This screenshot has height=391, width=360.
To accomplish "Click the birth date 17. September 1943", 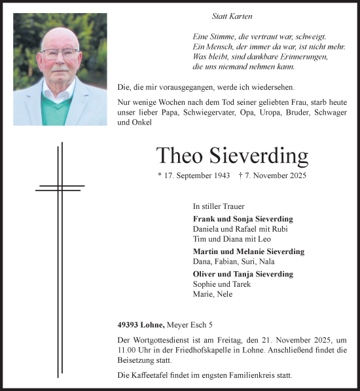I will (194, 176).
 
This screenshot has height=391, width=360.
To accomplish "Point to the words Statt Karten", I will (232, 16).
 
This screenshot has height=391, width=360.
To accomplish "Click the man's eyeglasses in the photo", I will (60, 54).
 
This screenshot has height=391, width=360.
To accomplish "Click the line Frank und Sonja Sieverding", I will (243, 219).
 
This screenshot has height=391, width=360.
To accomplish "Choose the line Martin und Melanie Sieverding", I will (248, 251).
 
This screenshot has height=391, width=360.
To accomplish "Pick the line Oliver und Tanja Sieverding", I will (243, 274).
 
